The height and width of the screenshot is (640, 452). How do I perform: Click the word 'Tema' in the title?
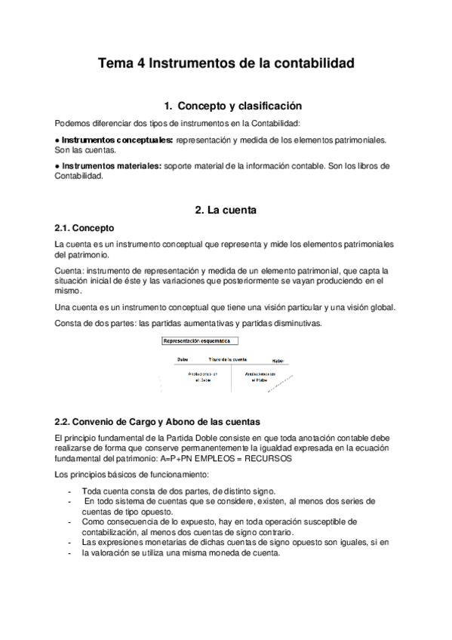[x=116, y=65]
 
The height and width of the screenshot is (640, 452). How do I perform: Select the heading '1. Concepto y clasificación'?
[x=227, y=106]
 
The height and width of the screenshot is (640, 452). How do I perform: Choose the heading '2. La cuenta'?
[x=226, y=211]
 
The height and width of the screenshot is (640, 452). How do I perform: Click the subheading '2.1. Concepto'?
[x=84, y=227]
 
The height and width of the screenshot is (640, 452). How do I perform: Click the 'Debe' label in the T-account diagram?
[x=183, y=360]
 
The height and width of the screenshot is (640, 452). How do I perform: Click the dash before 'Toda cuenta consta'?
[x=69, y=491]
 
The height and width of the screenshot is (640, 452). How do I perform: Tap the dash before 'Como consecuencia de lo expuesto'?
[x=69, y=522]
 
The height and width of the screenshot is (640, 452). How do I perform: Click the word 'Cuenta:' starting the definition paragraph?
[x=69, y=270]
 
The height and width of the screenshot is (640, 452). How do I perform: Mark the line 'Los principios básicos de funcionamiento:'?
[x=125, y=475]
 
